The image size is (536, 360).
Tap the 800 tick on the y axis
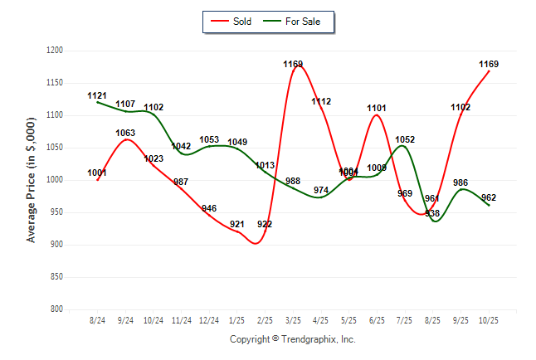(56, 309)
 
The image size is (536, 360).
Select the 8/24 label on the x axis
(98, 319)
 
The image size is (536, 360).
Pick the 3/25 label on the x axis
(293, 319)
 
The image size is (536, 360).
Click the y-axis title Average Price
(32, 180)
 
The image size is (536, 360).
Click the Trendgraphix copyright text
(292, 339)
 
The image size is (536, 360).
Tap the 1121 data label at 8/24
(98, 96)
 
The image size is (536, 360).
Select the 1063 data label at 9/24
(125, 133)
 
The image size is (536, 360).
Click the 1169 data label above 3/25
(293, 64)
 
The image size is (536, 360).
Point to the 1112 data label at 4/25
(321, 101)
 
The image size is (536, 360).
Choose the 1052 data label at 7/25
(405, 139)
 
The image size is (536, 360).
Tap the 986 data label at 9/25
(460, 182)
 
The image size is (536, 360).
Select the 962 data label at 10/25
(489, 197)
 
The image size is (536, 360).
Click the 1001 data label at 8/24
(98, 173)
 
